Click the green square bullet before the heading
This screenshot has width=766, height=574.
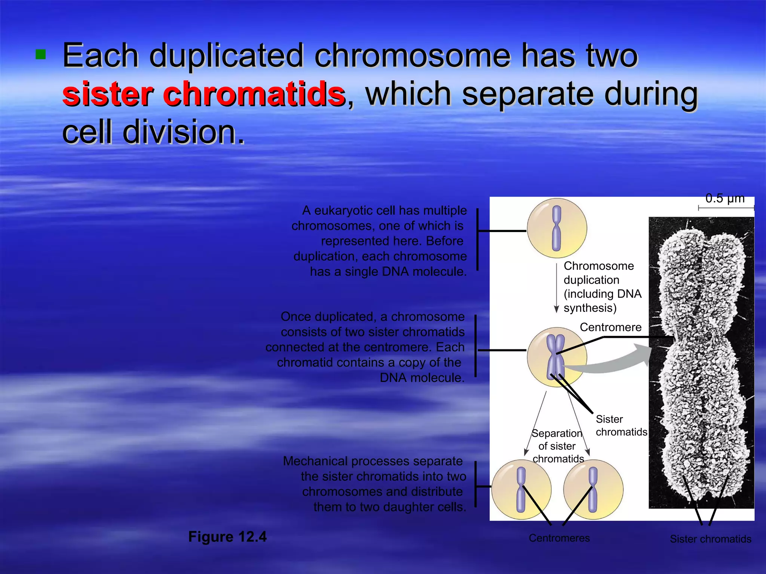click(40, 55)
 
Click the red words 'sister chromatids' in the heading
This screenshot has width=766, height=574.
click(204, 94)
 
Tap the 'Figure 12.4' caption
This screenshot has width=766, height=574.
click(227, 537)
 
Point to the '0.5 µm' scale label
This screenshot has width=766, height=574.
click(724, 198)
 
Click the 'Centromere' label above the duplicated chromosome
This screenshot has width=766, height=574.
click(610, 327)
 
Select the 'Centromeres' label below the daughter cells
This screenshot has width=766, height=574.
click(559, 538)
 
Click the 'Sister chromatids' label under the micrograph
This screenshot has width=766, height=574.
click(710, 539)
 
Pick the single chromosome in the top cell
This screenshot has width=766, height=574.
click(557, 228)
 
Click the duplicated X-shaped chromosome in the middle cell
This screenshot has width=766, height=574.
click(555, 357)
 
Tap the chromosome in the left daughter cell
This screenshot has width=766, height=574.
click(521, 490)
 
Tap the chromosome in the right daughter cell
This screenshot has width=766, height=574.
click(593, 490)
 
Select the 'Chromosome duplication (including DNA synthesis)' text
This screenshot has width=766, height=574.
click(602, 287)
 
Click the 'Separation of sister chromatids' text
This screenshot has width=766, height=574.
click(557, 446)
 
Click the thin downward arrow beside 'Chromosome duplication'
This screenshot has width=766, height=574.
click(556, 288)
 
